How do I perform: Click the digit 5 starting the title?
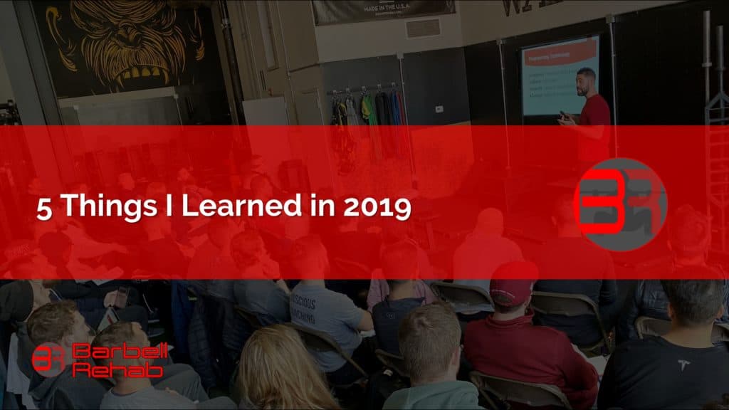pos(43,208)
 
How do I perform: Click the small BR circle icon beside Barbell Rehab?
pos(49,359)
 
